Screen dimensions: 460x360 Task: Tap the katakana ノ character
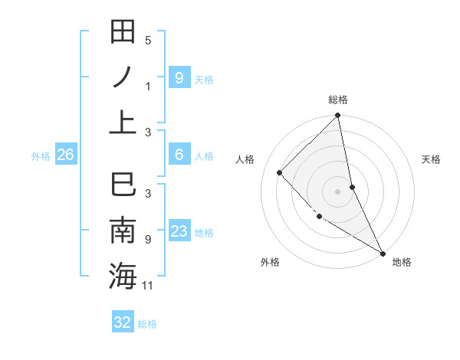[x=123, y=77]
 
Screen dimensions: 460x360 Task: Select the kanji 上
[x=123, y=121]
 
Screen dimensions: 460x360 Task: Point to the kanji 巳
[x=123, y=186]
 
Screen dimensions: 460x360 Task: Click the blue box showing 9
[x=179, y=77]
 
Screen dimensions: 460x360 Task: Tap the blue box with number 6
[x=179, y=155]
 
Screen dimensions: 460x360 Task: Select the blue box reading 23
[x=179, y=231]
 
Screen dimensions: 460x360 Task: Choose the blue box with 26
[x=65, y=155]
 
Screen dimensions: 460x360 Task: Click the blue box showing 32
[x=123, y=322]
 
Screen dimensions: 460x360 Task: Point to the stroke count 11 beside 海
[x=149, y=286]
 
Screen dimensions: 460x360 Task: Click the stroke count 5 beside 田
[x=148, y=41]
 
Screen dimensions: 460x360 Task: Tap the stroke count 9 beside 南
[x=148, y=240]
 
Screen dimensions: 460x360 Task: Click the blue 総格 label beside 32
[x=147, y=324]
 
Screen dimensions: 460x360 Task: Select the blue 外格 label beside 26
[x=41, y=156]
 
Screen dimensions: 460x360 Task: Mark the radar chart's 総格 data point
[x=337, y=116]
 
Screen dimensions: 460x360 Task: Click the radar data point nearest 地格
[x=382, y=252]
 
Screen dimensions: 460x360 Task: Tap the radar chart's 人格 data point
[x=280, y=172]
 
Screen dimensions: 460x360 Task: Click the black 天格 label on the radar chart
[x=431, y=159]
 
